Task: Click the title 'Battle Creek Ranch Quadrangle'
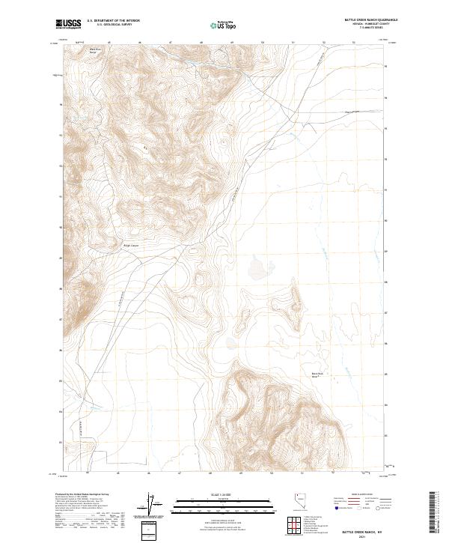(x=365, y=20)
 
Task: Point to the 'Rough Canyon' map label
(x=131, y=244)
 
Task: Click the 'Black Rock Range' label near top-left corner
(x=95, y=49)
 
